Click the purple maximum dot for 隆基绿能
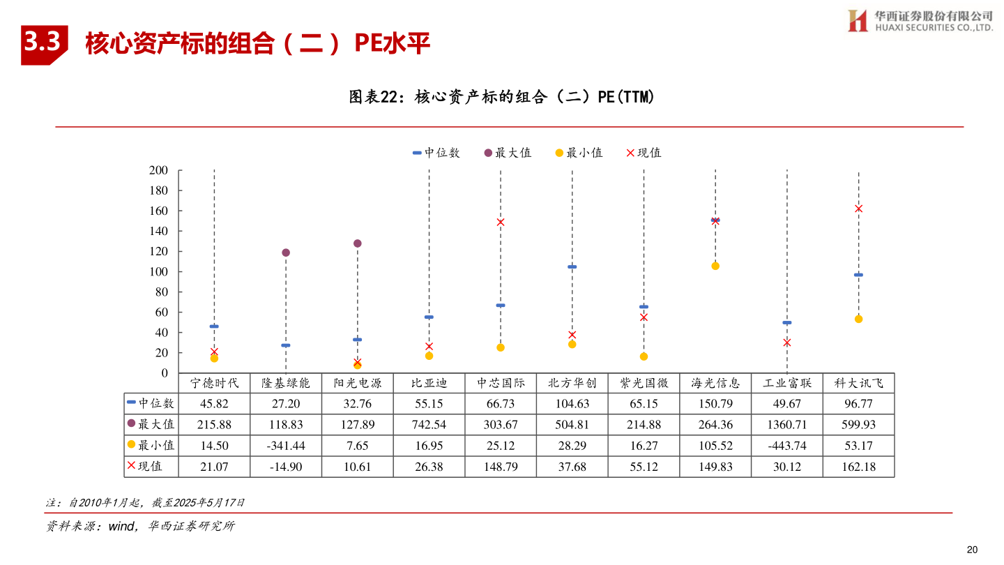(x=286, y=253)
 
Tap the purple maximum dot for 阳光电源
(x=358, y=243)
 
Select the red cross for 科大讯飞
(x=858, y=209)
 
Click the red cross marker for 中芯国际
(x=501, y=223)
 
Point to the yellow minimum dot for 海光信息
(x=715, y=266)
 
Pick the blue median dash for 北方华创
(x=572, y=267)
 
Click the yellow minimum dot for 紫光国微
(x=644, y=356)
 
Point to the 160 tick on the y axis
(x=159, y=211)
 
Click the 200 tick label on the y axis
(x=159, y=170)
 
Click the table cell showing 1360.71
(x=786, y=424)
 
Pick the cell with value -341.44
(x=286, y=446)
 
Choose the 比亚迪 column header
(x=429, y=383)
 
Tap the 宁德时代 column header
(x=214, y=383)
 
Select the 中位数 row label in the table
(x=151, y=403)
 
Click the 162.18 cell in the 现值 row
(x=858, y=467)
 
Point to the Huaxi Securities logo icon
(x=858, y=20)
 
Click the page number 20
(x=972, y=550)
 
